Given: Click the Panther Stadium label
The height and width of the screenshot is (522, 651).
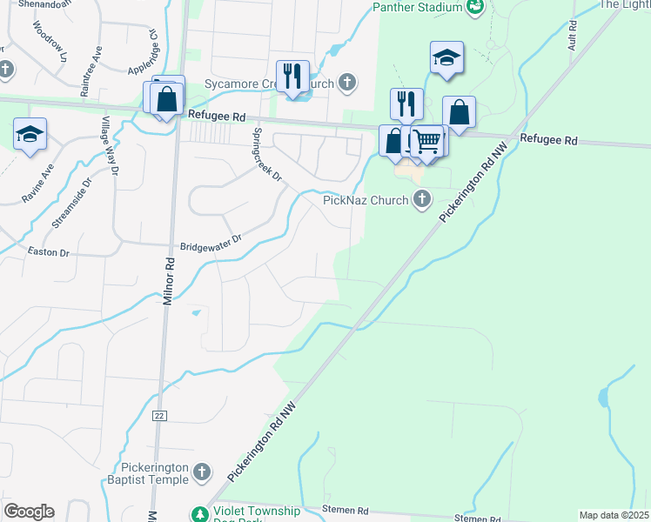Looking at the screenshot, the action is coord(418,8).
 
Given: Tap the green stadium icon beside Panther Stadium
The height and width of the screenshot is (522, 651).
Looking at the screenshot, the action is coord(475,8).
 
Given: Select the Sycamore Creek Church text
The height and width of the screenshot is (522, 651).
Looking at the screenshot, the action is coord(258,84).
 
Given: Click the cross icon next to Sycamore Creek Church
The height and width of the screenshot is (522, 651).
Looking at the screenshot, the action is coord(346,84).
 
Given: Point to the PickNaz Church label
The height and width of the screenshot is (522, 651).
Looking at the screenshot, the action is coord(366,200).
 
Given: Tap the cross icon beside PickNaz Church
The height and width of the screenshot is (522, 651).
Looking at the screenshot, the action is coord(421,200).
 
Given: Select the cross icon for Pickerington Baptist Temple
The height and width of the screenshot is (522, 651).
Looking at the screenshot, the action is coord(201,472).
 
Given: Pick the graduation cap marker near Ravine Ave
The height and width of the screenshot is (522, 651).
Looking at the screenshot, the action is coord(30,134).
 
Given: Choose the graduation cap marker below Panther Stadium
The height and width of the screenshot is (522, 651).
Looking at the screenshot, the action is coord(446,57).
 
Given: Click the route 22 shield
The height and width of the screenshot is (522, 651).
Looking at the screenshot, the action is coord(159,416).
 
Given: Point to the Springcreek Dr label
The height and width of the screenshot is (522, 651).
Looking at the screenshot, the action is coord(267,155).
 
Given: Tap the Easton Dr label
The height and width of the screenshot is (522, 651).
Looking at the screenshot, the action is coord(50,252).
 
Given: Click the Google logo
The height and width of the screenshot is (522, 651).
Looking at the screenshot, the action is coord(29,512).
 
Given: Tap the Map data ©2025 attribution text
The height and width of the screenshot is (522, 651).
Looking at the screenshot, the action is coord(613,515).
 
